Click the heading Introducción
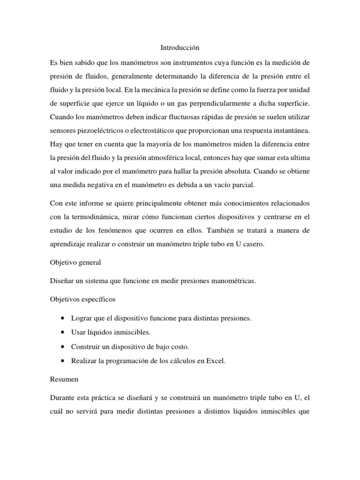180,47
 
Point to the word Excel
217,361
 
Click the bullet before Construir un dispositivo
62,347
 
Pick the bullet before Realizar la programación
62,361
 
